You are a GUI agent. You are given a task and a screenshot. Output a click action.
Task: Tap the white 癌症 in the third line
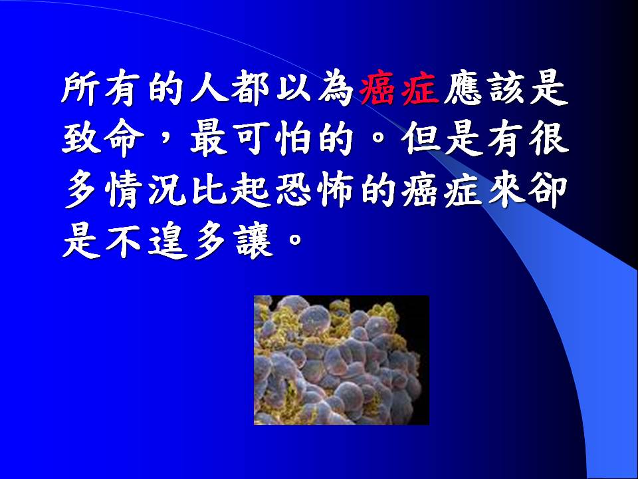441,191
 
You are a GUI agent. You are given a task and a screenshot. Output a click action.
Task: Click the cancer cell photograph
342,360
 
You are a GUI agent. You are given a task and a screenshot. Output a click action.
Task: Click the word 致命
102,140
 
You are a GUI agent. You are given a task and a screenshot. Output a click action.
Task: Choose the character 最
209,140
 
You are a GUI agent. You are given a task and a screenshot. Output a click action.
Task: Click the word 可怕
273,140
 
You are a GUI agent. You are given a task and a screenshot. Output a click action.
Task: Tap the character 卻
548,191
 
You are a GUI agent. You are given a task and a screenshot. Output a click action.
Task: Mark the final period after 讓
294,239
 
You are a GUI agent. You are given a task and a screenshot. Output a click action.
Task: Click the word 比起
231,191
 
